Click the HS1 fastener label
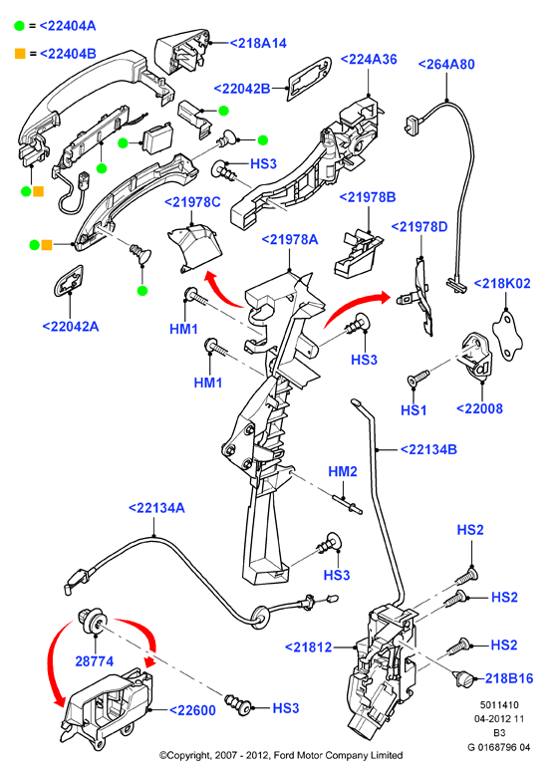pyautogui.click(x=414, y=409)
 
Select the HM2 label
pyautogui.click(x=343, y=471)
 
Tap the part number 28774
pyautogui.click(x=95, y=661)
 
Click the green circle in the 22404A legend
pyautogui.click(x=19, y=26)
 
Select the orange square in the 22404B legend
pyautogui.click(x=20, y=54)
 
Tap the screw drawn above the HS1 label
pyautogui.click(x=418, y=379)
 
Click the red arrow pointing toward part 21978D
pyautogui.click(x=355, y=306)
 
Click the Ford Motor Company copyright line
pyautogui.click(x=281, y=755)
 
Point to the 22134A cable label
pyautogui.click(x=156, y=508)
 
